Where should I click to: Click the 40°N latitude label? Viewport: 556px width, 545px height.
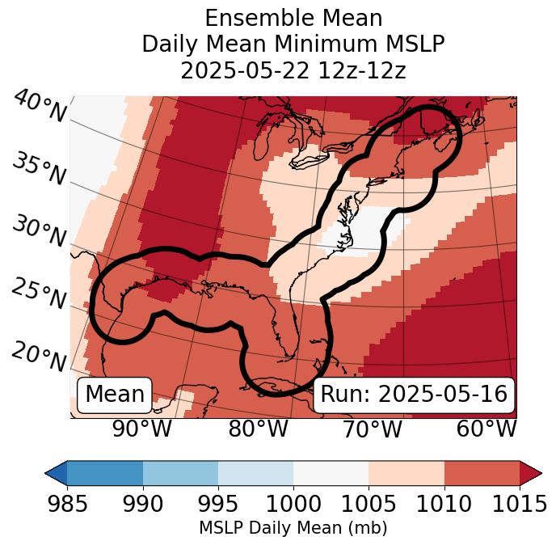pyautogui.click(x=40, y=107)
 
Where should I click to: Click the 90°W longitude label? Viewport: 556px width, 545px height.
pyautogui.click(x=142, y=429)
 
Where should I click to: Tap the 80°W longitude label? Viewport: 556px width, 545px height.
pyautogui.click(x=259, y=429)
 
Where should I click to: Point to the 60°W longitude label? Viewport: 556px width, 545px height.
pyautogui.click(x=486, y=429)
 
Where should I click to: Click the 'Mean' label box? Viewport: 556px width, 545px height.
pyautogui.click(x=115, y=395)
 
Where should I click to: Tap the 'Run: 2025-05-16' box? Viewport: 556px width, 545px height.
pyautogui.click(x=414, y=395)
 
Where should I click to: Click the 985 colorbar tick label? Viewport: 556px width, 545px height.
pyautogui.click(x=68, y=505)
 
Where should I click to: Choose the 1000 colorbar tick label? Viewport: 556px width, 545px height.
pyautogui.click(x=293, y=505)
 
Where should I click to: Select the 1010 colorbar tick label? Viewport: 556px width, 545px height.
pyautogui.click(x=444, y=505)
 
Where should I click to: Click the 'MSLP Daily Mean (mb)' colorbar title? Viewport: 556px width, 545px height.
pyautogui.click(x=293, y=528)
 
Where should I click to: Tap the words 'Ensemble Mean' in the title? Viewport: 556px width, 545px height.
pyautogui.click(x=293, y=19)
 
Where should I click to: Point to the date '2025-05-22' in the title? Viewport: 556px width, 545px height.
pyautogui.click(x=243, y=70)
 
